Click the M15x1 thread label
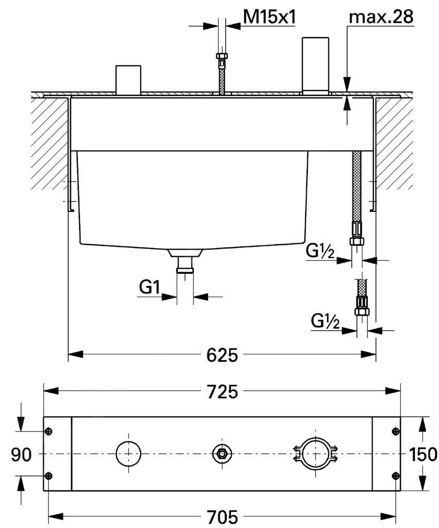269,17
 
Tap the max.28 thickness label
381,17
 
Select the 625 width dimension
222,355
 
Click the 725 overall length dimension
222,391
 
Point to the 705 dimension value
222,516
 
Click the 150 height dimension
423,454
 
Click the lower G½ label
325,321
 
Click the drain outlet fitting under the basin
185,263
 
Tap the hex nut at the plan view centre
222,454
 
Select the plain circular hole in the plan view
128,454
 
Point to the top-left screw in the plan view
48,432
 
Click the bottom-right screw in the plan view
395,475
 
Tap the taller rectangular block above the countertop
315,64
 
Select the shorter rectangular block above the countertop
128,79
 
